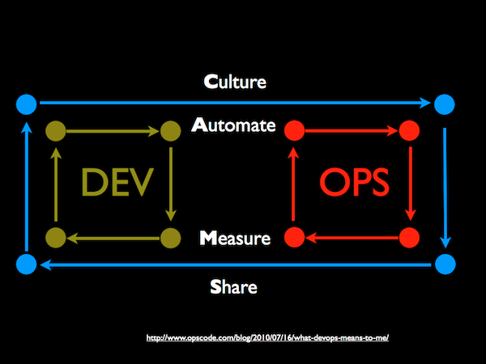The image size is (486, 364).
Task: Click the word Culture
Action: click(235, 82)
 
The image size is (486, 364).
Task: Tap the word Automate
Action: click(234, 127)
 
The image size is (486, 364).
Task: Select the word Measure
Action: click(234, 239)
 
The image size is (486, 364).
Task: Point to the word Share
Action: click(234, 286)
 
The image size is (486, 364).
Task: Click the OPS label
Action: click(353, 183)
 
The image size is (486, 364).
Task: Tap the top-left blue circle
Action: click(27, 104)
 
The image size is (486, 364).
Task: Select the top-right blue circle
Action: click(444, 104)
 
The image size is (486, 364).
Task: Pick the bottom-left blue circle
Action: click(27, 264)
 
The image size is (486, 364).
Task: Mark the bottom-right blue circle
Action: click(444, 264)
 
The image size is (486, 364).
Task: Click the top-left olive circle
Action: click(55, 129)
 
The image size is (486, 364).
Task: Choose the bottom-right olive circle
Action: click(169, 238)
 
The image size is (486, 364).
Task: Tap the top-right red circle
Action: click(409, 129)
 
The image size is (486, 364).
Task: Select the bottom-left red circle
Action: click(295, 238)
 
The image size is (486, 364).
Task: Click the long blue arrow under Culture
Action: click(235, 104)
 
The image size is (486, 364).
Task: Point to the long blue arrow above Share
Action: click(235, 264)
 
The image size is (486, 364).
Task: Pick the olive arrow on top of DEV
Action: click(113, 129)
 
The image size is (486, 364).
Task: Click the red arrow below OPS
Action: click(352, 238)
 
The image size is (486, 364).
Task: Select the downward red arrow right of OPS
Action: click(410, 184)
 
